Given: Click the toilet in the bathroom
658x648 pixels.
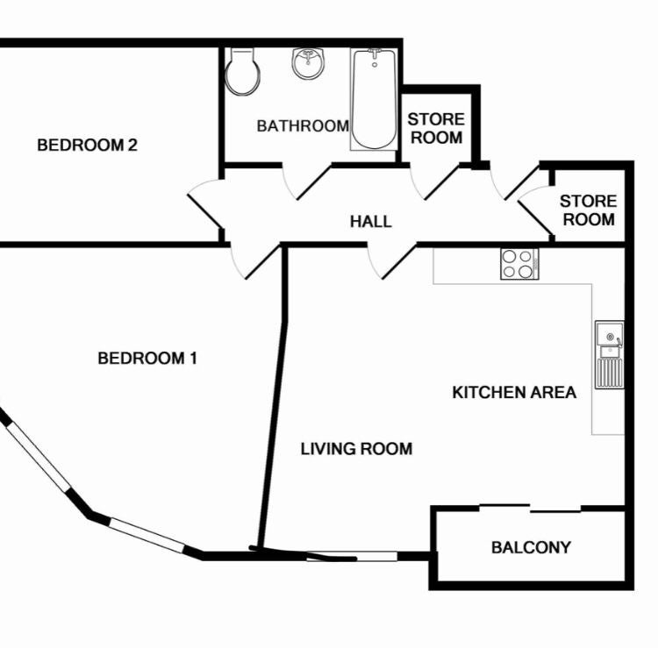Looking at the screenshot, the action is pos(242,72).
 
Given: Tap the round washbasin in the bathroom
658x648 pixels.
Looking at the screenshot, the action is pos(309,63).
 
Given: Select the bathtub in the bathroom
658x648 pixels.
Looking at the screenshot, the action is pos(374,99).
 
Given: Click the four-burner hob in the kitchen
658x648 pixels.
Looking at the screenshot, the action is pos(519,264).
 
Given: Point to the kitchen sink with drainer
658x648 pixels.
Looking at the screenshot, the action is pos(610,355).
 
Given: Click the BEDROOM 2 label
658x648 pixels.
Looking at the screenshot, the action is pos(87,145).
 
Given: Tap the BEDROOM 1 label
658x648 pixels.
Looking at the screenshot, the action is pos(147,358).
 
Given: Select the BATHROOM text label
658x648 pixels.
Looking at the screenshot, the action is pos(303,125).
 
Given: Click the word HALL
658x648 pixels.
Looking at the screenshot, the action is pos(371,222).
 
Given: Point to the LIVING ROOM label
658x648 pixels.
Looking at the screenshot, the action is pos(357,449).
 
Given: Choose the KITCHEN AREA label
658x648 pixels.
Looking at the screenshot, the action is pos(514,393).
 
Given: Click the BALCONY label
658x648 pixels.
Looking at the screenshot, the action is pos(531,547).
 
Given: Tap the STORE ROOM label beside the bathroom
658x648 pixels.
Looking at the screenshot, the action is pos(436,128).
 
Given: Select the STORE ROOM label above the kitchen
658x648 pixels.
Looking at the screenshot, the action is pos(589,210).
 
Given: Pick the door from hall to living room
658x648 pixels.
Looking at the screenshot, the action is pos(391,261).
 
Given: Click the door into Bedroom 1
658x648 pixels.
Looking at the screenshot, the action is pos(254,261).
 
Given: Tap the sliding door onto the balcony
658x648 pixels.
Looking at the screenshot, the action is pos(530,509).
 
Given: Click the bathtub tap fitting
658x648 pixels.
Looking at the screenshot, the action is pos(375,53).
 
